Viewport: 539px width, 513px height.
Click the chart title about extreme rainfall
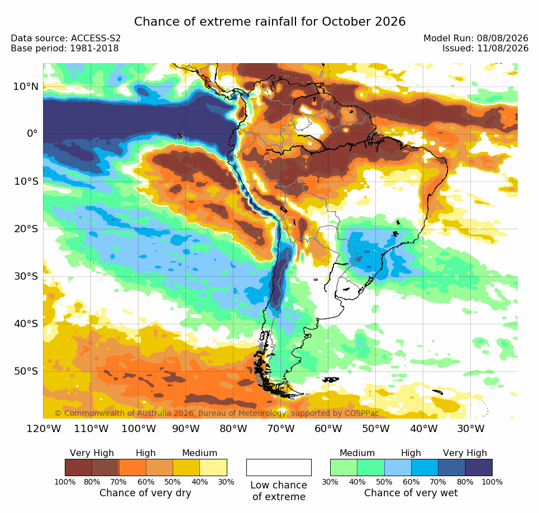[x=269, y=22]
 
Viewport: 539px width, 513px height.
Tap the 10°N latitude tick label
[x=26, y=87]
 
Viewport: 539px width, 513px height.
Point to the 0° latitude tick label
[x=32, y=133]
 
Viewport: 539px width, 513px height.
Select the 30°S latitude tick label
[x=26, y=276]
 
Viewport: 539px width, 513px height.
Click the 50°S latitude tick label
[x=26, y=371]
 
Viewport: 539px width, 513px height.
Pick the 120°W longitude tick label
[x=44, y=429]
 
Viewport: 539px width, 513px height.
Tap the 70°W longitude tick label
[x=282, y=429]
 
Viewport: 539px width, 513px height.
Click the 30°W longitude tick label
[x=471, y=429]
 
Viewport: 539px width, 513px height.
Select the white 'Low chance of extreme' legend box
[x=279, y=467]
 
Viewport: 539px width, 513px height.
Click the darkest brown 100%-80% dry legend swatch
[x=78, y=467]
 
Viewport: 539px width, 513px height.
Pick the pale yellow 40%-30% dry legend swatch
[x=213, y=467]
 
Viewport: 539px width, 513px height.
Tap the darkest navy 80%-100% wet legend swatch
[x=479, y=467]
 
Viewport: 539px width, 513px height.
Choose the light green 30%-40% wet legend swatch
[x=344, y=467]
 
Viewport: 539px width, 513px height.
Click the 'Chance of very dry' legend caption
[x=145, y=493]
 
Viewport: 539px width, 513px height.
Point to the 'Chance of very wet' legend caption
[x=411, y=493]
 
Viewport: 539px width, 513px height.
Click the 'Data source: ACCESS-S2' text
[x=66, y=38]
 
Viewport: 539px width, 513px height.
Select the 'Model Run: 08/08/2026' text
[x=476, y=38]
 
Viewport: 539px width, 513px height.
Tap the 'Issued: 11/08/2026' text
[x=485, y=48]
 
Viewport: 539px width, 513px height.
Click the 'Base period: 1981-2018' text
[x=65, y=48]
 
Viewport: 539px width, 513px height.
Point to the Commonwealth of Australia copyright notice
[x=217, y=413]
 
